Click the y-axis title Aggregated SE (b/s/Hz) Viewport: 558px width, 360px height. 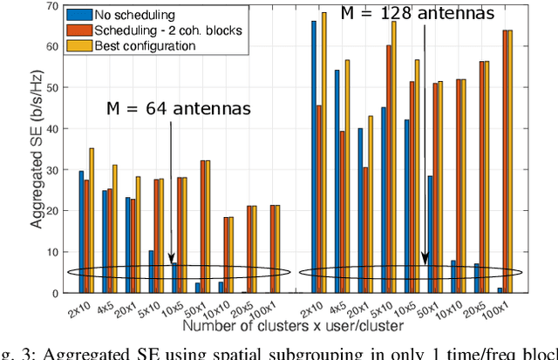coord(39,149)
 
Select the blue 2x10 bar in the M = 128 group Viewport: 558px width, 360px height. coord(314,157)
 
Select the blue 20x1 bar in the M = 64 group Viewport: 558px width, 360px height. coord(128,245)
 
